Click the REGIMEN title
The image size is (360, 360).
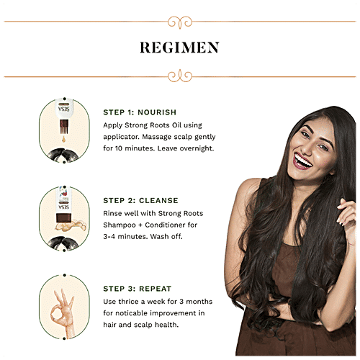point(179,48)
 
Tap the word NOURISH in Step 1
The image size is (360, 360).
point(157,112)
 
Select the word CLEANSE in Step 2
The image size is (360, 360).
point(158,200)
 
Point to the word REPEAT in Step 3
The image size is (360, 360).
point(155,289)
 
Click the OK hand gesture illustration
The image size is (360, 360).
point(63,312)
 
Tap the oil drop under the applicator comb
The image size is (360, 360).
point(63,139)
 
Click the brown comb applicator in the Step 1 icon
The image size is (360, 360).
point(64,127)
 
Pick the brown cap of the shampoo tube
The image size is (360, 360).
point(63,217)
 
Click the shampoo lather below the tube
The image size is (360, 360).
point(71,226)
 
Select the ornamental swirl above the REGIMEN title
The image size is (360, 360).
point(180,22)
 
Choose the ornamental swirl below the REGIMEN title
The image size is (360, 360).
point(180,76)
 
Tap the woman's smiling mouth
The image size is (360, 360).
point(302,161)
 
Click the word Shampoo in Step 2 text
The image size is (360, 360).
point(120,225)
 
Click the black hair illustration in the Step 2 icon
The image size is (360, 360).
point(64,243)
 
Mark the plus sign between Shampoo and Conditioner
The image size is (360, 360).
point(140,225)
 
